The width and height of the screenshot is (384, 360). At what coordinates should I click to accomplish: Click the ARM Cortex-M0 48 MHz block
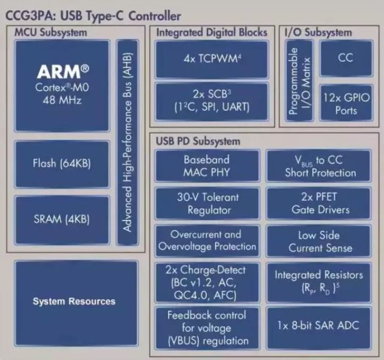pos(62,86)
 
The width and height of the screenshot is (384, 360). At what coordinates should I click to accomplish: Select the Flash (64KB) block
pos(62,164)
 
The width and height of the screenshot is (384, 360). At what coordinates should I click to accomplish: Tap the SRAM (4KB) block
pos(62,219)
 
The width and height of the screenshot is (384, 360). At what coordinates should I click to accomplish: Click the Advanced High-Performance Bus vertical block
pos(128,142)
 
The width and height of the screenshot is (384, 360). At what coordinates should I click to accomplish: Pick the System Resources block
pos(76,303)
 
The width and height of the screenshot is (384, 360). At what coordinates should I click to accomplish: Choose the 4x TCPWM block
pos(212,59)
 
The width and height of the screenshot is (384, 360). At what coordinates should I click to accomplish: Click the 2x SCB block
pos(212,102)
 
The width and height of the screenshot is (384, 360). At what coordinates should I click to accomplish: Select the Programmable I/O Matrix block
pos(299,81)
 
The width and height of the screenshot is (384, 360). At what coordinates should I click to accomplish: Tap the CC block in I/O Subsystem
pos(346,59)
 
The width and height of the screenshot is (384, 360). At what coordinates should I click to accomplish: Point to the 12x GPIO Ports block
pos(346,103)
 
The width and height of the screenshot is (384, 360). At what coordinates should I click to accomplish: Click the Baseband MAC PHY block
pos(207,166)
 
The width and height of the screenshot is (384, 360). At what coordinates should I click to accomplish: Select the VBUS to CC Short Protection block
pos(318,166)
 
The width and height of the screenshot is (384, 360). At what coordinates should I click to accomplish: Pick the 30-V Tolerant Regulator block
pos(207,203)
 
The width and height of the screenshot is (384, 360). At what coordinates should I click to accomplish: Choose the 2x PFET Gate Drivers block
pos(318,203)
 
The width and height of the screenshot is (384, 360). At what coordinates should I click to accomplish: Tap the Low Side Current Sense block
pos(318,241)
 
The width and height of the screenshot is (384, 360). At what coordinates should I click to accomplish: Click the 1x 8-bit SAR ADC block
pos(318,328)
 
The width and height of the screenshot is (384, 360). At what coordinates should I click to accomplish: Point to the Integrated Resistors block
pos(318,283)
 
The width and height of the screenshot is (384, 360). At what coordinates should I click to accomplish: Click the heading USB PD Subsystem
pos(198,142)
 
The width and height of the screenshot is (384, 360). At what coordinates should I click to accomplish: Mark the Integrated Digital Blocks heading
pos(212,33)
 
